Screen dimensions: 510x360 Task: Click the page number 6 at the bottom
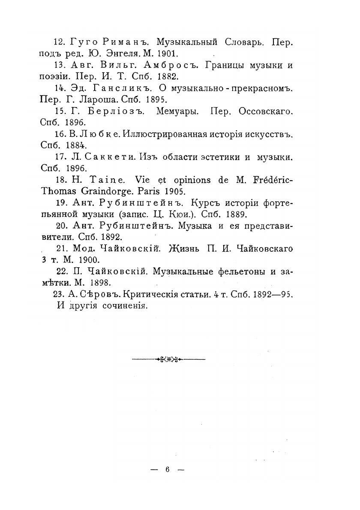(x=168, y=470)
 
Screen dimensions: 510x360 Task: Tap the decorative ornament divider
(x=168, y=359)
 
